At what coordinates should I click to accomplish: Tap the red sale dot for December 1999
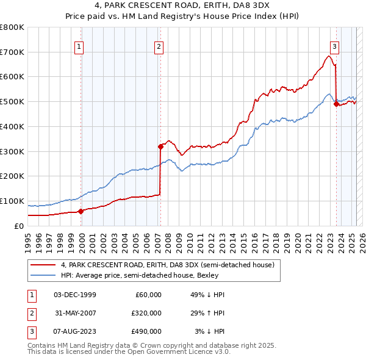(81, 211)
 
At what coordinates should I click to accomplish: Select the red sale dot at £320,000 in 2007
(160, 146)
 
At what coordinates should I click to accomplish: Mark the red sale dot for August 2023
(336, 104)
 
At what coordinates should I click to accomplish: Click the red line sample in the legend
(43, 265)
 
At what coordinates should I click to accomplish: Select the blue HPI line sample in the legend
(43, 276)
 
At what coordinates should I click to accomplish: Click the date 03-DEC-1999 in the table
(75, 295)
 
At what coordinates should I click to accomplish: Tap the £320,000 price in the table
(146, 313)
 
